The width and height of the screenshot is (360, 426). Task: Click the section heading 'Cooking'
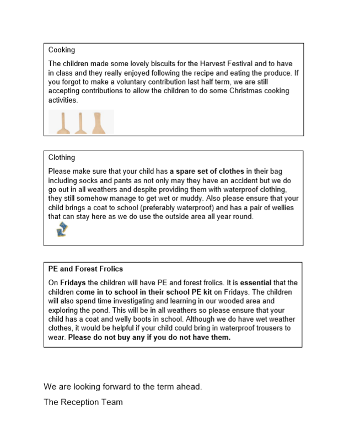(61, 50)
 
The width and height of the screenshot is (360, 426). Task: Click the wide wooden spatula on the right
(98, 123)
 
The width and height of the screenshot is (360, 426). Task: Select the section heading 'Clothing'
(61, 157)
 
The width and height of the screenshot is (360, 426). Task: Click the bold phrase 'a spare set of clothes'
(207, 172)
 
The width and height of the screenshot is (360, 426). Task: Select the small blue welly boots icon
(61, 230)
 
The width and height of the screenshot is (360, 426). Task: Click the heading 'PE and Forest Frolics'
(85, 269)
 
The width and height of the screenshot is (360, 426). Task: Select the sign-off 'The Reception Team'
(83, 402)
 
